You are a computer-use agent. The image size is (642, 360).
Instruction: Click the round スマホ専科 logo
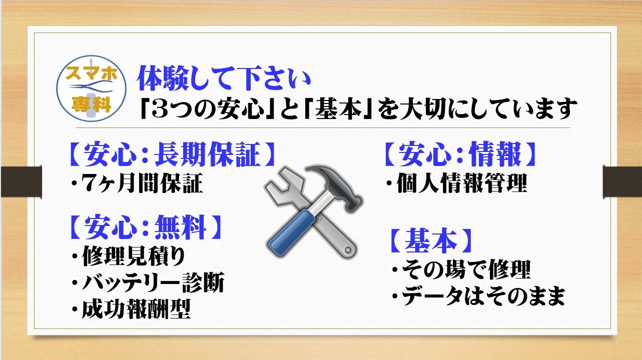pyautogui.click(x=91, y=88)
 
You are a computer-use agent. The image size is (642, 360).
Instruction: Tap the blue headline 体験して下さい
pyautogui.click(x=224, y=78)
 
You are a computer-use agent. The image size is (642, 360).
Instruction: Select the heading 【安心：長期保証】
pyautogui.click(x=172, y=154)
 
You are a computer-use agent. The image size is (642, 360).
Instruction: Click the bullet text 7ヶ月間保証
pyautogui.click(x=137, y=183)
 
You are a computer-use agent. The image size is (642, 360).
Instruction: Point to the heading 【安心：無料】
pyautogui.click(x=146, y=226)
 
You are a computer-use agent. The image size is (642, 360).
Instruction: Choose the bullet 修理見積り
pyautogui.click(x=129, y=256)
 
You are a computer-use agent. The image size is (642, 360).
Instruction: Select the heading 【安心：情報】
pyautogui.click(x=460, y=154)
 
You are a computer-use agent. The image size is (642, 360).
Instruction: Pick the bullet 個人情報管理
pyautogui.click(x=456, y=183)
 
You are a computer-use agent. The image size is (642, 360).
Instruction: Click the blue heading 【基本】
pyautogui.click(x=430, y=240)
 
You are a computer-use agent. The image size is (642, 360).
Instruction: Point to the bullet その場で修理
pyautogui.click(x=461, y=269)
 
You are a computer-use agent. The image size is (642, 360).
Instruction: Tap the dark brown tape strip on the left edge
pyautogui.click(x=22, y=181)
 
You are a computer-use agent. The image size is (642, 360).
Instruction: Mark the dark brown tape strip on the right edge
pyautogui.click(x=622, y=181)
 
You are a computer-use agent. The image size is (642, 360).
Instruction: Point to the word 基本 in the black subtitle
pyautogui.click(x=339, y=108)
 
